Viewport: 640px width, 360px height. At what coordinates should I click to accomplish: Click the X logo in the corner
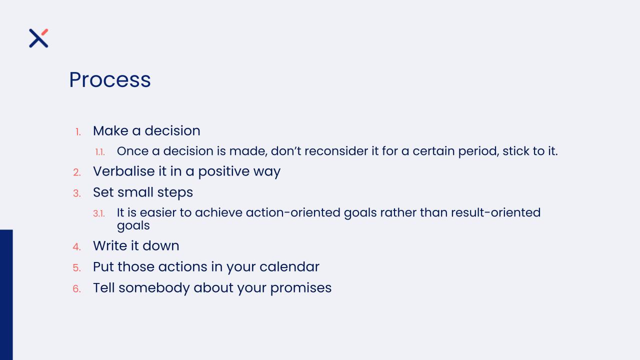38,38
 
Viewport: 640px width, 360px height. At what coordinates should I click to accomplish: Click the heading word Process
110,79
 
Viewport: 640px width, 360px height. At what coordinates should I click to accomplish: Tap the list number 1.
78,132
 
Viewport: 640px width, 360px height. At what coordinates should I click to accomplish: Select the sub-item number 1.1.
100,152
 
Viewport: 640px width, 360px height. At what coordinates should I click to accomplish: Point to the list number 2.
77,172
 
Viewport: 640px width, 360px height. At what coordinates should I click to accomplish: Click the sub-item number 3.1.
99,213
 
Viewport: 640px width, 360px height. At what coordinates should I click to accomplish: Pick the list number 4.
77,247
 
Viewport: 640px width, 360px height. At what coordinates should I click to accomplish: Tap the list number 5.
77,267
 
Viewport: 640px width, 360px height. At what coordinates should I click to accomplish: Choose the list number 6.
77,289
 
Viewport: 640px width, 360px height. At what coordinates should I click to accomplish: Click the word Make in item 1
110,131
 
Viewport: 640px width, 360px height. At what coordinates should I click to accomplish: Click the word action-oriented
293,212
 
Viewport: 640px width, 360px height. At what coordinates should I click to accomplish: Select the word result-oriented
495,212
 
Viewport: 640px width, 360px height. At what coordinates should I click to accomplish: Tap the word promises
301,288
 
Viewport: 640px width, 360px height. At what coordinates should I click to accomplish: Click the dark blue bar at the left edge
6,295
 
